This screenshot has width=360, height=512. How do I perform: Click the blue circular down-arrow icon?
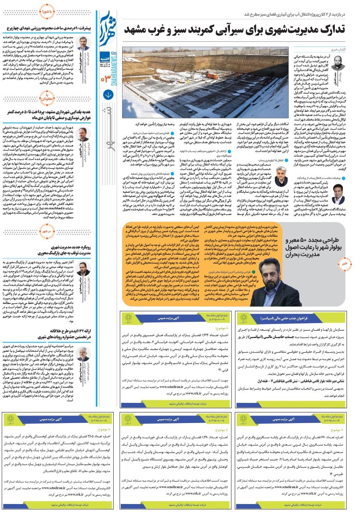pos(108,95)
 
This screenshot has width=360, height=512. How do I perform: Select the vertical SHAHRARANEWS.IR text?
pos(102,55)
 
